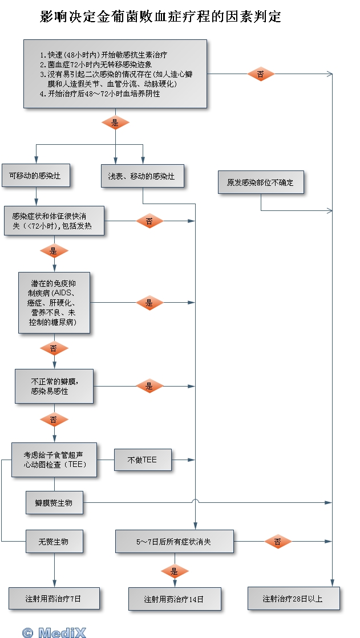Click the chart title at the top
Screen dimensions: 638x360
point(161,17)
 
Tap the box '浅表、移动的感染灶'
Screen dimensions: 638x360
point(142,176)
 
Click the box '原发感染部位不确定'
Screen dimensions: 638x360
point(260,182)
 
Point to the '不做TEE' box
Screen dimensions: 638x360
point(143,460)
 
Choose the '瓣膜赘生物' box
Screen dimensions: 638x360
point(54,503)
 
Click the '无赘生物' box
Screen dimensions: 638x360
point(54,541)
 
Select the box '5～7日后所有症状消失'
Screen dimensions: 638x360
point(174,541)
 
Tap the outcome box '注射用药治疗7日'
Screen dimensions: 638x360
point(54,599)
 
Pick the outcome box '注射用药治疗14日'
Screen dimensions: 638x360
point(174,599)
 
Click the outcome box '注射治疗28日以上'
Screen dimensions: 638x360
point(293,599)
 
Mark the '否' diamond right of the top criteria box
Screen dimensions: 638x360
point(260,74)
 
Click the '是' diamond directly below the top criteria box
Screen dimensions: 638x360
point(115,123)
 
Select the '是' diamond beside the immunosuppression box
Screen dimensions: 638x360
point(149,303)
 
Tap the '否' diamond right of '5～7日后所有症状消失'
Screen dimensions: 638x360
point(278,542)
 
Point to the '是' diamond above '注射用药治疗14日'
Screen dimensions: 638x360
point(175,571)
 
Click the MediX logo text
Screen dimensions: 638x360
point(54,632)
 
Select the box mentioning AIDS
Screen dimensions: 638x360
point(54,302)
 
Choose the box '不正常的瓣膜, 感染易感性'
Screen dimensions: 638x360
point(54,387)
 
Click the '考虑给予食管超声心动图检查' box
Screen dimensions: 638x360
point(54,460)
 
